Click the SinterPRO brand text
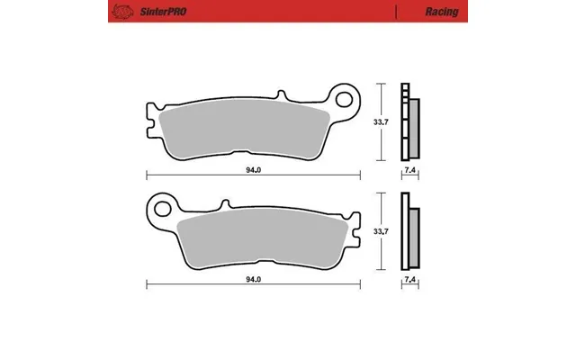coord(163,12)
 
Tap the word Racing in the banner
coord(442,12)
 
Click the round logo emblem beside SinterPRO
coord(122,12)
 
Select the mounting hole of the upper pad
coord(344,100)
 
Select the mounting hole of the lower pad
coord(162,209)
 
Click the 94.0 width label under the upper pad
coord(254,170)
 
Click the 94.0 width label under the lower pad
coord(254,280)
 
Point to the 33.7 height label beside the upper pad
coord(381,122)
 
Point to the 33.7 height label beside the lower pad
coord(381,232)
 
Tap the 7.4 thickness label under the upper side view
coord(410,170)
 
